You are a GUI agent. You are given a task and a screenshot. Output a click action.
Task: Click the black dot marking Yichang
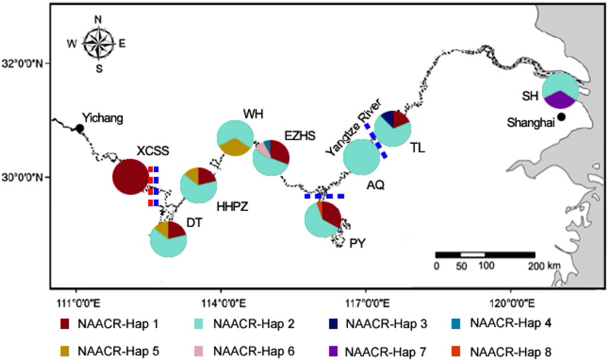point(79,128)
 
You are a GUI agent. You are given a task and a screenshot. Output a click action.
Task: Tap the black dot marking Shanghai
point(561,116)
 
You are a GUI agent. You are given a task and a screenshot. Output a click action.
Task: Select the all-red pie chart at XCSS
point(130,177)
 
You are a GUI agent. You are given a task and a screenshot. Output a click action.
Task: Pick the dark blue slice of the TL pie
point(387,118)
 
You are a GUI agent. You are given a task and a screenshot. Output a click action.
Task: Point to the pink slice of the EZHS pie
point(262,149)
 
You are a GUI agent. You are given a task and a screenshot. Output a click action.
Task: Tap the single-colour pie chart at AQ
point(362,157)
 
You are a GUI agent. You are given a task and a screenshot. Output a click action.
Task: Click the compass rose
point(99,43)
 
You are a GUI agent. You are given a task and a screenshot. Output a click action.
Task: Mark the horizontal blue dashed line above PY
point(324,195)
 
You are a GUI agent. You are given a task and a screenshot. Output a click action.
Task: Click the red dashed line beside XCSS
point(151,186)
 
